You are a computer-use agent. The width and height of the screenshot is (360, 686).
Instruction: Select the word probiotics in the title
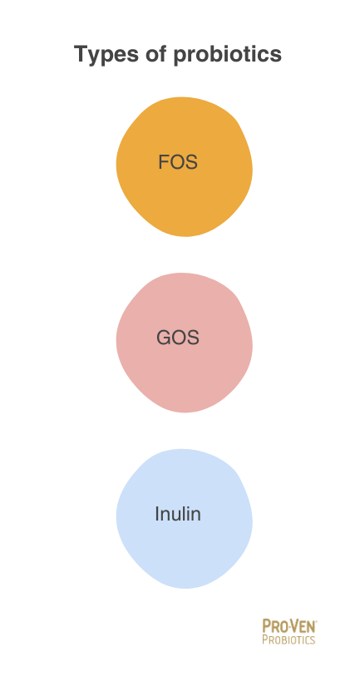point(228,55)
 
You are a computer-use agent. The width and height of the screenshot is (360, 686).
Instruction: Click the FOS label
point(178,162)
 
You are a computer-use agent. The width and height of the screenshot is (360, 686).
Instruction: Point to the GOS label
point(178,338)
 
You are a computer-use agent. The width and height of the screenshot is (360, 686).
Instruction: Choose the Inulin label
point(178,514)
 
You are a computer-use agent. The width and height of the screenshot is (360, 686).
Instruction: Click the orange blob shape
point(184,166)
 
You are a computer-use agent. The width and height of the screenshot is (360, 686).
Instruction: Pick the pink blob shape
point(184,343)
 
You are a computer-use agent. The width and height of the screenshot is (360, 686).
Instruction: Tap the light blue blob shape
point(184,518)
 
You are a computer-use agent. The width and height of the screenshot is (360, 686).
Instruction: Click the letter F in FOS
point(164,162)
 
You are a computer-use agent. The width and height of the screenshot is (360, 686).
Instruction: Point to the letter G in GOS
point(164,338)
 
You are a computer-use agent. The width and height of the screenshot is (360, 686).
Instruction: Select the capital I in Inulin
point(157,514)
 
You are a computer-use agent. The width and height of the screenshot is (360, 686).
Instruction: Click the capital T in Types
point(82,54)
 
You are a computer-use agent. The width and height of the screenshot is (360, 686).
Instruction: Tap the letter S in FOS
point(191,162)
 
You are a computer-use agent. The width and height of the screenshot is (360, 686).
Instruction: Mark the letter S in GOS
point(193,338)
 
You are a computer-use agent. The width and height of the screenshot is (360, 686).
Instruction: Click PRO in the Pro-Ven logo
point(273,626)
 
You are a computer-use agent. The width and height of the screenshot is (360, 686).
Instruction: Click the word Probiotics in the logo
point(288,639)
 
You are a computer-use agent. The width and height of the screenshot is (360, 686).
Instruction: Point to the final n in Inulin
point(196,516)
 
